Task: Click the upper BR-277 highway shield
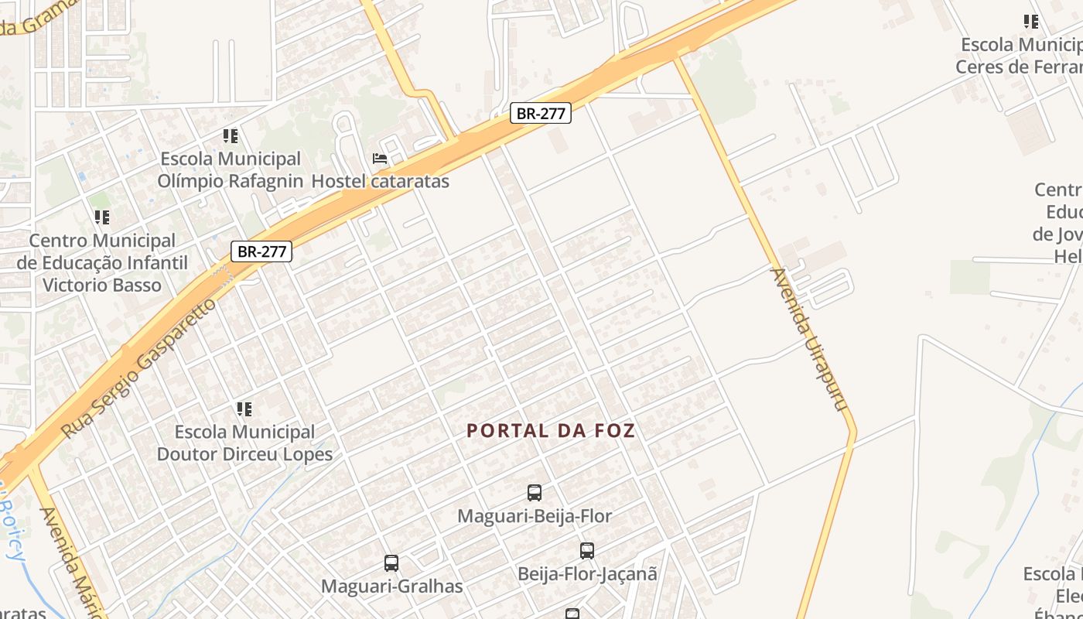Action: click(x=541, y=113)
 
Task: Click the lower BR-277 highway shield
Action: click(x=261, y=251)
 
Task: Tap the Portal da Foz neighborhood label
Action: click(x=551, y=431)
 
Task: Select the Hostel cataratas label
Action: click(x=380, y=182)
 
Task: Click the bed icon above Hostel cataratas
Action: click(x=380, y=159)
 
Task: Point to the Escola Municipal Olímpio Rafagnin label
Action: click(x=231, y=170)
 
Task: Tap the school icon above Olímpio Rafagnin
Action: click(x=231, y=136)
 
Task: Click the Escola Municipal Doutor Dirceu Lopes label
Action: click(x=244, y=443)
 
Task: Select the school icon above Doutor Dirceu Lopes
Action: click(x=244, y=409)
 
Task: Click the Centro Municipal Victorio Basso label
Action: click(x=102, y=263)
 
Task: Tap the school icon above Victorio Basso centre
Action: click(x=102, y=217)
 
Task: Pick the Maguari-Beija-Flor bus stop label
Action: click(x=535, y=516)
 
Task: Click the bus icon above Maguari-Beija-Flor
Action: click(x=535, y=492)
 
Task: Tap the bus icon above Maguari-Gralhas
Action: click(x=391, y=563)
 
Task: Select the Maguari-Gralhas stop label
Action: click(x=392, y=587)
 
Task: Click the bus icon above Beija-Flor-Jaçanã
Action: click(x=587, y=551)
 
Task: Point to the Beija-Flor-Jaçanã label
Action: click(x=587, y=574)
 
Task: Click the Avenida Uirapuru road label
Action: click(x=809, y=340)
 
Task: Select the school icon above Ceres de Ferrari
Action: click(x=1031, y=22)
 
